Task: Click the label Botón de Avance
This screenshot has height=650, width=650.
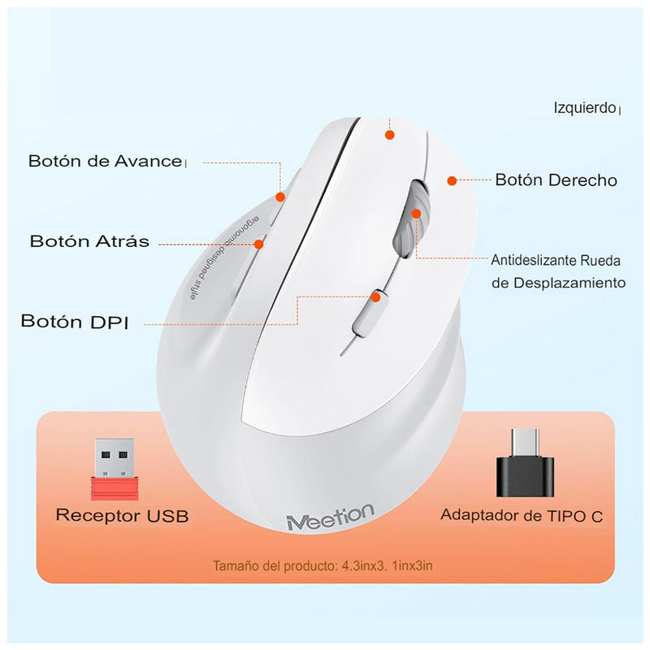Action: (x=106, y=161)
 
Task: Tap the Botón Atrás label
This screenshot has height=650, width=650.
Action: (x=89, y=241)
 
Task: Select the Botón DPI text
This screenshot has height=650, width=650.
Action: (x=75, y=321)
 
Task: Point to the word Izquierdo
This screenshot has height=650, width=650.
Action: (x=584, y=107)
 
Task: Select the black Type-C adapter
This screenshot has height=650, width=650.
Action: (x=525, y=466)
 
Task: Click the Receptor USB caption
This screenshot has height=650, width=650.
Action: (x=122, y=515)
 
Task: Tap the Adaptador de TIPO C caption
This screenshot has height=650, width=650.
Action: (x=522, y=515)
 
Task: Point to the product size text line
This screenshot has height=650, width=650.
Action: (x=323, y=565)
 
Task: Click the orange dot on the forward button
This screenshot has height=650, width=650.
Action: (x=280, y=196)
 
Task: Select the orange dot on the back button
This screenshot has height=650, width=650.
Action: (x=260, y=243)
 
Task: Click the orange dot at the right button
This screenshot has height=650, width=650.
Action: (x=452, y=180)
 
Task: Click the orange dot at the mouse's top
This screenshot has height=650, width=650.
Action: (x=390, y=135)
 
